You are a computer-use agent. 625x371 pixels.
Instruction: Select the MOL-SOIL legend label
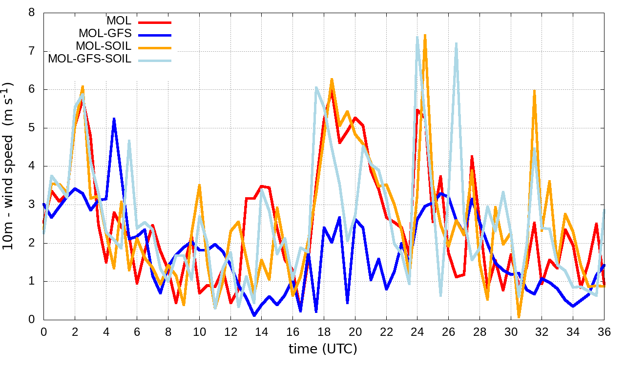click(104, 46)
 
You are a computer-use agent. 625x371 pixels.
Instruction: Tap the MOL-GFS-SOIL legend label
click(89, 59)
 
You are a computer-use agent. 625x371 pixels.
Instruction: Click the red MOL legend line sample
click(155, 22)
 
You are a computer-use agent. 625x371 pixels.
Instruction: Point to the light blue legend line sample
click(155, 60)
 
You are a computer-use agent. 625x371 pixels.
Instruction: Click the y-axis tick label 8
click(32, 13)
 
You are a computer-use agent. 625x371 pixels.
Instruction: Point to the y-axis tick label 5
click(32, 128)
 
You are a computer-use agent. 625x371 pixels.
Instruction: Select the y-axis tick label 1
click(32, 281)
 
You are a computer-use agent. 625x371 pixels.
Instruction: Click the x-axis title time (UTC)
click(323, 349)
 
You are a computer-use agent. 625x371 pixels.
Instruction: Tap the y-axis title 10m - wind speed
click(9, 166)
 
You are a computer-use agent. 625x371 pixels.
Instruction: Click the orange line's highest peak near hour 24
click(425, 35)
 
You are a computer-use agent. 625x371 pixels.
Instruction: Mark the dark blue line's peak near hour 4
click(114, 119)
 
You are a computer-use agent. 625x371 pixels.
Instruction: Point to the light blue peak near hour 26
click(456, 43)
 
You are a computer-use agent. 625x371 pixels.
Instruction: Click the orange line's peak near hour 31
click(535, 90)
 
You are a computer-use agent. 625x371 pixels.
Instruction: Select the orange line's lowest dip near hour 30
click(519, 317)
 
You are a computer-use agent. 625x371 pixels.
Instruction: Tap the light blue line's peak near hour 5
click(129, 141)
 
